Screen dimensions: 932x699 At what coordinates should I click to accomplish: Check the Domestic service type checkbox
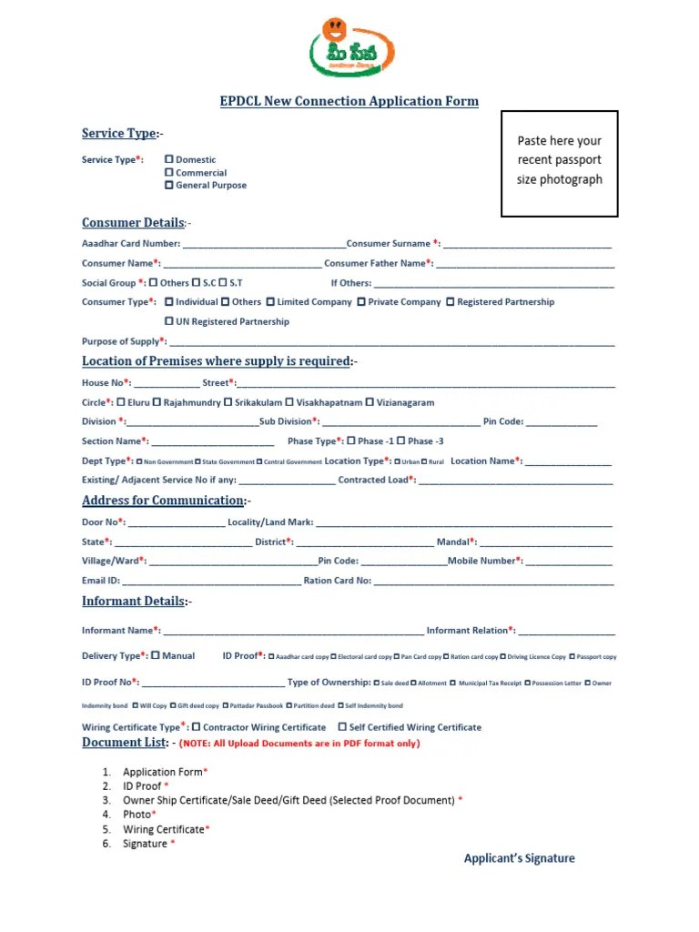pyautogui.click(x=169, y=159)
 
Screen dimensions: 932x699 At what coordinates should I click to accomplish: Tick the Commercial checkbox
pyautogui.click(x=169, y=172)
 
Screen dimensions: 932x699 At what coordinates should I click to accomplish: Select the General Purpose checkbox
pyautogui.click(x=169, y=185)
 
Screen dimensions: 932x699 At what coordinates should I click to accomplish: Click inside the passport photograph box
pyautogui.click(x=559, y=164)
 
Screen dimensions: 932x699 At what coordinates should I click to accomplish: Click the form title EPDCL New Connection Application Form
pyautogui.click(x=349, y=101)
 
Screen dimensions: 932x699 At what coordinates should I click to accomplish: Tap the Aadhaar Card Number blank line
pyautogui.click(x=264, y=244)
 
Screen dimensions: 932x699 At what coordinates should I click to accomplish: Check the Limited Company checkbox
pyautogui.click(x=270, y=301)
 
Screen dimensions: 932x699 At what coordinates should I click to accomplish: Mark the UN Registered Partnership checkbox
pyautogui.click(x=169, y=321)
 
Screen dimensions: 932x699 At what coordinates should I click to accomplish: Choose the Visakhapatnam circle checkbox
pyautogui.click(x=289, y=401)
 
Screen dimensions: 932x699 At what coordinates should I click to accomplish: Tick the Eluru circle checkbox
pyautogui.click(x=120, y=401)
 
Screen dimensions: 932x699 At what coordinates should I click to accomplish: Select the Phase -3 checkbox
pyautogui.click(x=401, y=441)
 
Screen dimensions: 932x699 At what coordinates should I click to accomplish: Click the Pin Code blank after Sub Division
pyautogui.click(x=562, y=422)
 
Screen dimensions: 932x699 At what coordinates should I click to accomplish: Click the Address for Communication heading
pyautogui.click(x=164, y=501)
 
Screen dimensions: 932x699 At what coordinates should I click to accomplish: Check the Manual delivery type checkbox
pyautogui.click(x=156, y=655)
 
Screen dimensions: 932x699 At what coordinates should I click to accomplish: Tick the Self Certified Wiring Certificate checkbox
pyautogui.click(x=342, y=727)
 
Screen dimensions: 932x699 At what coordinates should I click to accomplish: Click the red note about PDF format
pyautogui.click(x=299, y=744)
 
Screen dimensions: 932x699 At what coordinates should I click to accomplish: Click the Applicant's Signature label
pyautogui.click(x=519, y=858)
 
